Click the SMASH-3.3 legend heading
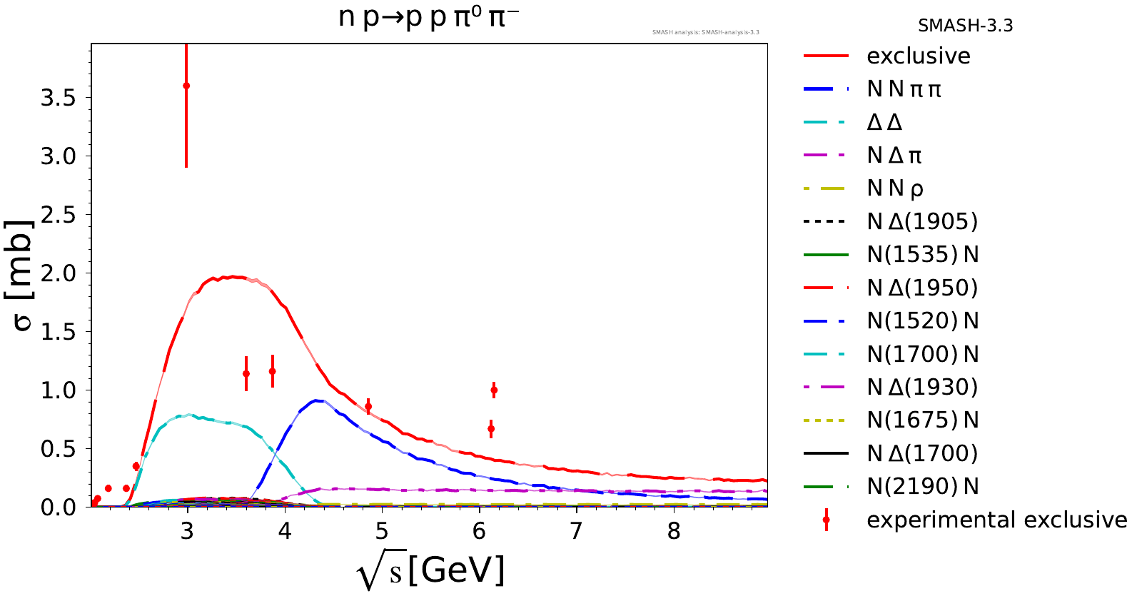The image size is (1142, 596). (x=965, y=26)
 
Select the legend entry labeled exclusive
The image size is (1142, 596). (x=918, y=56)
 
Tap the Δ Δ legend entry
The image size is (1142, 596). (x=884, y=122)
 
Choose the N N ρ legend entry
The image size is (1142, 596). (x=895, y=188)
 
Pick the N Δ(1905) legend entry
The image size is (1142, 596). (x=921, y=221)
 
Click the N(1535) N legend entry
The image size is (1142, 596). (x=922, y=254)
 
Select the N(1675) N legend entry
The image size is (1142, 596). (x=922, y=420)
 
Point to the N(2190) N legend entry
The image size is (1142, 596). (x=922, y=486)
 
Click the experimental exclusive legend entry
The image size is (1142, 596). (x=996, y=520)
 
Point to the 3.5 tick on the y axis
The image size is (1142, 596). (x=58, y=98)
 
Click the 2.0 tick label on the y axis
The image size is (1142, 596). (x=58, y=273)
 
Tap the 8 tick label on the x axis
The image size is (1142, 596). (x=674, y=532)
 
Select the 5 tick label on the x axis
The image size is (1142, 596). (x=382, y=532)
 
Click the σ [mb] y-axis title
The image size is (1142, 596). (x=23, y=275)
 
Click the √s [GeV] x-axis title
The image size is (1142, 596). (x=430, y=571)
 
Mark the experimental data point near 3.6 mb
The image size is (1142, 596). (x=186, y=86)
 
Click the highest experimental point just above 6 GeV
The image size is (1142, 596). (x=494, y=390)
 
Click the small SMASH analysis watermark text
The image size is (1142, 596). (x=705, y=32)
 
